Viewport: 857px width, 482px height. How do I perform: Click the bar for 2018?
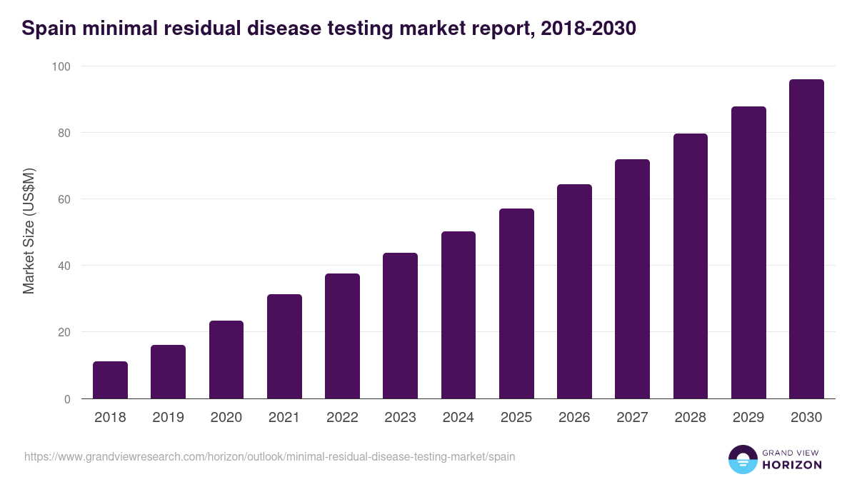[110, 381]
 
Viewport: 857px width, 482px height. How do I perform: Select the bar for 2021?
[284, 347]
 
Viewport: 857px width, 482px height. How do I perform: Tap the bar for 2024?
[458, 316]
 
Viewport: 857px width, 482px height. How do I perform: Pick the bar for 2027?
[632, 279]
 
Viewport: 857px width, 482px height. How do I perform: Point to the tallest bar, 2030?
[806, 239]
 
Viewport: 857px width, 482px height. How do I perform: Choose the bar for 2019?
[168, 372]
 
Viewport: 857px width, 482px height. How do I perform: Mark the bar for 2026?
[574, 292]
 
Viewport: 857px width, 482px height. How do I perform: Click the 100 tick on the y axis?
[61, 66]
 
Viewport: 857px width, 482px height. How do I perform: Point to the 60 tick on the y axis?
[64, 199]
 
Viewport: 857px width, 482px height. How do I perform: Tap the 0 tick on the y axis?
[67, 399]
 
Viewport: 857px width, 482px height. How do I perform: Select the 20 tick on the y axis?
[64, 333]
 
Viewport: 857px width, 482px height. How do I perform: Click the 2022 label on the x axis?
[342, 418]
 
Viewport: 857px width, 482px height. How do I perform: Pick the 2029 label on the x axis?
[748, 418]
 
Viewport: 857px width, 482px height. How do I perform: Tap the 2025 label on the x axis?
[516, 418]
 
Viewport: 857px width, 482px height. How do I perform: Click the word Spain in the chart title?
[49, 29]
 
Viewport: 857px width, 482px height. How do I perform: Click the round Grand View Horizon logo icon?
[742, 459]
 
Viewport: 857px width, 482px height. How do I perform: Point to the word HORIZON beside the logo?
[791, 465]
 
